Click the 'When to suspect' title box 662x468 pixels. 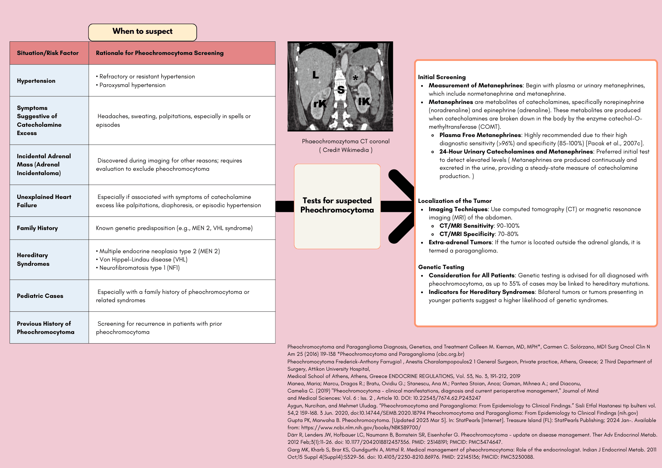(142, 32)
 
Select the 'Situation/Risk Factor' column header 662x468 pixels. (48, 53)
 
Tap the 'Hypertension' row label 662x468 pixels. (36, 81)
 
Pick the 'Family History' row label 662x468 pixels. (37, 228)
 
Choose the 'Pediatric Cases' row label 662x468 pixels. (40, 296)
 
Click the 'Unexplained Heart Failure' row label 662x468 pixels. (44, 201)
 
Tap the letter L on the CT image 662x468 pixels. (315, 75)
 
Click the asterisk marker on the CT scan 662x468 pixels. (355, 78)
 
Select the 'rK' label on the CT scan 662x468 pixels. (320, 104)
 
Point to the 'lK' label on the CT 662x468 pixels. (364, 101)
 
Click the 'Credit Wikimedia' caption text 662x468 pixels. (346, 150)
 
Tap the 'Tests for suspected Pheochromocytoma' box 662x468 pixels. (337, 206)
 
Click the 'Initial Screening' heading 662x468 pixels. (442, 77)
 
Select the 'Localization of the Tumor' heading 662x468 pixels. (454, 201)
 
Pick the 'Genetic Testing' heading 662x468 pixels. (441, 267)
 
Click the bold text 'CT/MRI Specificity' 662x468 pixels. (467, 234)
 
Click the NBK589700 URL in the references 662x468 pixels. (361, 428)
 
